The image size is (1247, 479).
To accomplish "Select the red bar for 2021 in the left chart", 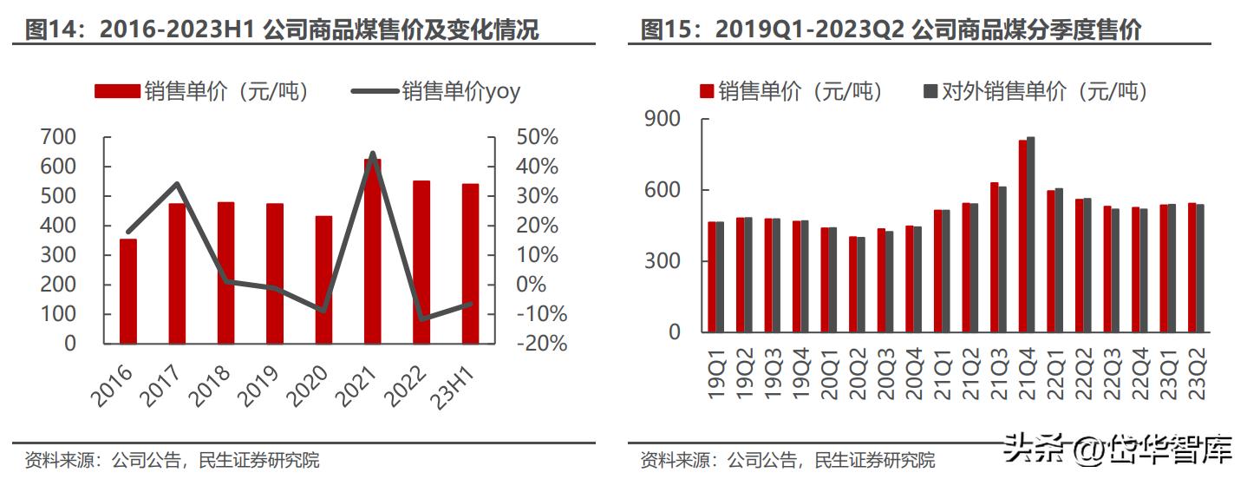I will coord(373,252).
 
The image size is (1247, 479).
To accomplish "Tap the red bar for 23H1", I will coord(470,264).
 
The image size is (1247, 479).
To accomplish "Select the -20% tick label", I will coord(538,344).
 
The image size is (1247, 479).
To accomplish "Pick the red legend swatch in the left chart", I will coord(116,91).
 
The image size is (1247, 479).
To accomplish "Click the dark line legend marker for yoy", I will coord(375,91).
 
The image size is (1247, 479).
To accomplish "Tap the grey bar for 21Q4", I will coord(1031,234).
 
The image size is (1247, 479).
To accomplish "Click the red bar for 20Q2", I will coord(852,284).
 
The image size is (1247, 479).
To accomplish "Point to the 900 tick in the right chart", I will coord(663,120).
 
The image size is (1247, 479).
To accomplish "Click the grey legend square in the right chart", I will coord(930,91).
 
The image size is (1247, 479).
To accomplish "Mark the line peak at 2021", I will coord(373,154).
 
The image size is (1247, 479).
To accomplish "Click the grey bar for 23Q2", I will coord(1200,268).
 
